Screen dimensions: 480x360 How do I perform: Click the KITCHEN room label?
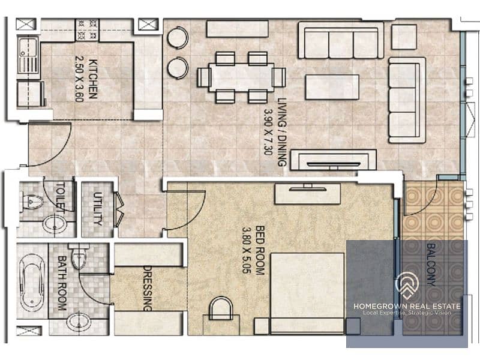93,79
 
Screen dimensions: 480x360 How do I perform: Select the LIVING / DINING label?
281,132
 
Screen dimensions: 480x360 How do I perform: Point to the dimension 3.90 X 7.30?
268,132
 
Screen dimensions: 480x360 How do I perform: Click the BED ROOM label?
260,250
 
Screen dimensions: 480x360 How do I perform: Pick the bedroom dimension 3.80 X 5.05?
247,250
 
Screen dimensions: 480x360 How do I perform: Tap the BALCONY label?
431,265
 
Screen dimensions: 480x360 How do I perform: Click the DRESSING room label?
148,288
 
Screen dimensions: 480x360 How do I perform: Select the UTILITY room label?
98,208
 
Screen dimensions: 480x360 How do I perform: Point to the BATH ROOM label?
62,283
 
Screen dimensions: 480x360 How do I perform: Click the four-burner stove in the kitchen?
87,29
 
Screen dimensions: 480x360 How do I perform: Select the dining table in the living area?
242,77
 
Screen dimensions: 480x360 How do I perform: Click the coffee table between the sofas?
332,87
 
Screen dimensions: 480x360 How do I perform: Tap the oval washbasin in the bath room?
79,322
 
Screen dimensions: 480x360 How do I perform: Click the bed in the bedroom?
307,293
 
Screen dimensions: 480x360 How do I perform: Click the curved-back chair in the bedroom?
221,308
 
